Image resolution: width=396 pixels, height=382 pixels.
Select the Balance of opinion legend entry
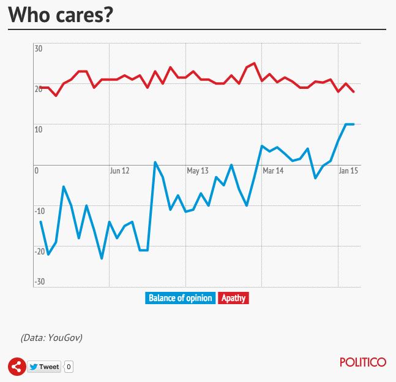180,298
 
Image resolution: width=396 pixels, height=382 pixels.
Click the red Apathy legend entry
233,298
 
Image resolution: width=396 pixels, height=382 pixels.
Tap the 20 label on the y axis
38,89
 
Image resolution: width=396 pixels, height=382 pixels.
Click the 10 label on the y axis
38,129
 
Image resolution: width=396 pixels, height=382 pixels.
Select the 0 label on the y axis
37,170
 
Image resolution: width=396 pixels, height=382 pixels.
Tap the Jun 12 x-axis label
120,171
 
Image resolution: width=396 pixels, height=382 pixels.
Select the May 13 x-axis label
197,171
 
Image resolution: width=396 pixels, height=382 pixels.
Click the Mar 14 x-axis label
273,171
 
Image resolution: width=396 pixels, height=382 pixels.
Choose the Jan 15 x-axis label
349,171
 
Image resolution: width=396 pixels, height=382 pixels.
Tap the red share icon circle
17,367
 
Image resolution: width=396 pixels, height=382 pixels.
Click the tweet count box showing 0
69,367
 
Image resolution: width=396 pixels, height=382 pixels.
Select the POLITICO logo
363,362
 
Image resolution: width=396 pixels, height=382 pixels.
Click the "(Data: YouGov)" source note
51,337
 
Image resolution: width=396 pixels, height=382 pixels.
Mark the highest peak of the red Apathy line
254,63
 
